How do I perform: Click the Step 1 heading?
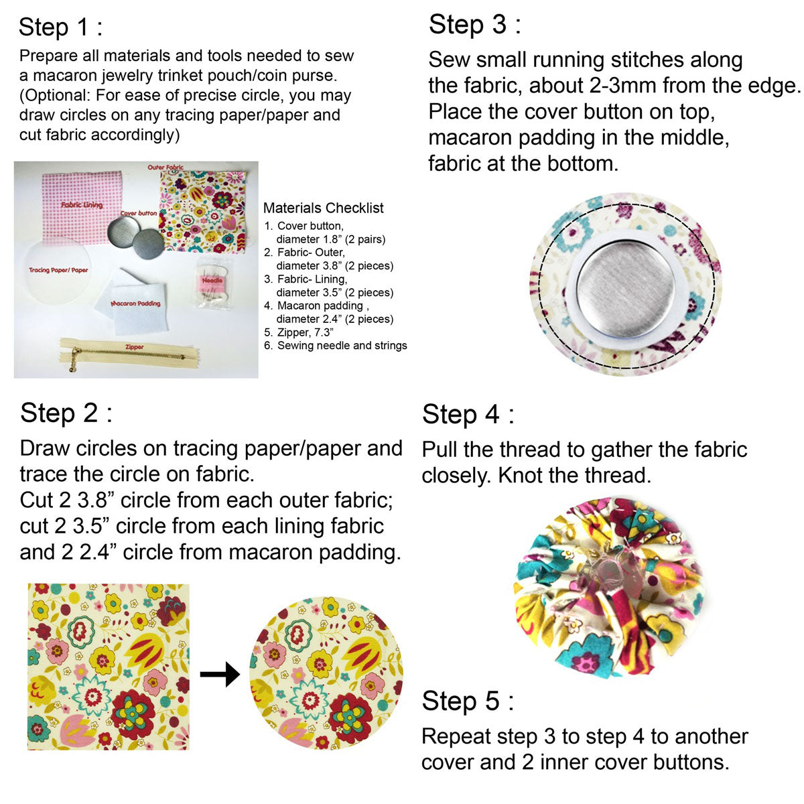click(x=60, y=27)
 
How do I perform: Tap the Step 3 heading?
click(x=475, y=25)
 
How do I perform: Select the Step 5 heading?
click(x=468, y=701)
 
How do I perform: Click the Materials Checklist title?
click(x=324, y=208)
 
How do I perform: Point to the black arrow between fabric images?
click(x=220, y=674)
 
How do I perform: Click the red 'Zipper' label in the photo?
click(x=135, y=346)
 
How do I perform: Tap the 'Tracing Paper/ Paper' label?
click(x=58, y=270)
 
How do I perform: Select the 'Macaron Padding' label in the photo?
click(x=135, y=304)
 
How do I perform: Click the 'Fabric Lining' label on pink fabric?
click(x=82, y=205)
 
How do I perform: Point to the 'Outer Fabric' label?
click(x=165, y=167)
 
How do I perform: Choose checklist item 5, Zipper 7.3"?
click(x=299, y=332)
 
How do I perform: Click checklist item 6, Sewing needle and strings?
click(x=336, y=346)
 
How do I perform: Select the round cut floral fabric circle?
click(x=326, y=673)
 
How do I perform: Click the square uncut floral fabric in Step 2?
click(x=109, y=667)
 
